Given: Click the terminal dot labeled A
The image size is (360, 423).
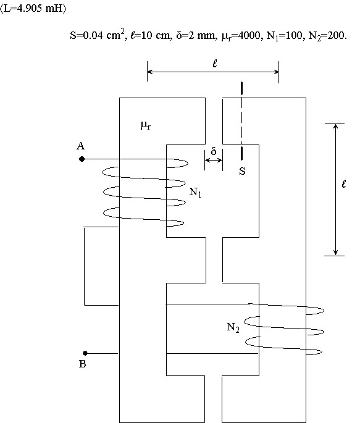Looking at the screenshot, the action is (x=82, y=159).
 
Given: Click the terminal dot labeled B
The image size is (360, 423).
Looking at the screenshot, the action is (x=85, y=353).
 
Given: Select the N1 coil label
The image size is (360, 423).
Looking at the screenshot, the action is (x=195, y=192).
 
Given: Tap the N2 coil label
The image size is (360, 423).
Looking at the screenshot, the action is (x=233, y=327).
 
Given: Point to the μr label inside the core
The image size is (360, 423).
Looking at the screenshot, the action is (x=146, y=125).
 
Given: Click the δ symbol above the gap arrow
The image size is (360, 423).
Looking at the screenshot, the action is (x=214, y=151).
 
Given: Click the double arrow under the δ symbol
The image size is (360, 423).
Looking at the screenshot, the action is (x=214, y=160).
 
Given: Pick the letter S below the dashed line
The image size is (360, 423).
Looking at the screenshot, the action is (x=243, y=171).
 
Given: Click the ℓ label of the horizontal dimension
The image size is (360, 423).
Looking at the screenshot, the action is (x=215, y=64).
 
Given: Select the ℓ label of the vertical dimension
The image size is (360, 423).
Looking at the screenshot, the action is (x=343, y=184).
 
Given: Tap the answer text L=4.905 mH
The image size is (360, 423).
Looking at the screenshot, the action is (x=33, y=9).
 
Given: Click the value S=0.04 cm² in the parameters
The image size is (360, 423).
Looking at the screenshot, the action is (x=98, y=35).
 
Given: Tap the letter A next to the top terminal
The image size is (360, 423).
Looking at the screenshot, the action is (x=81, y=146).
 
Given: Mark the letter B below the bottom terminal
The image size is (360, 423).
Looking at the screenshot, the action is (x=83, y=364).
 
